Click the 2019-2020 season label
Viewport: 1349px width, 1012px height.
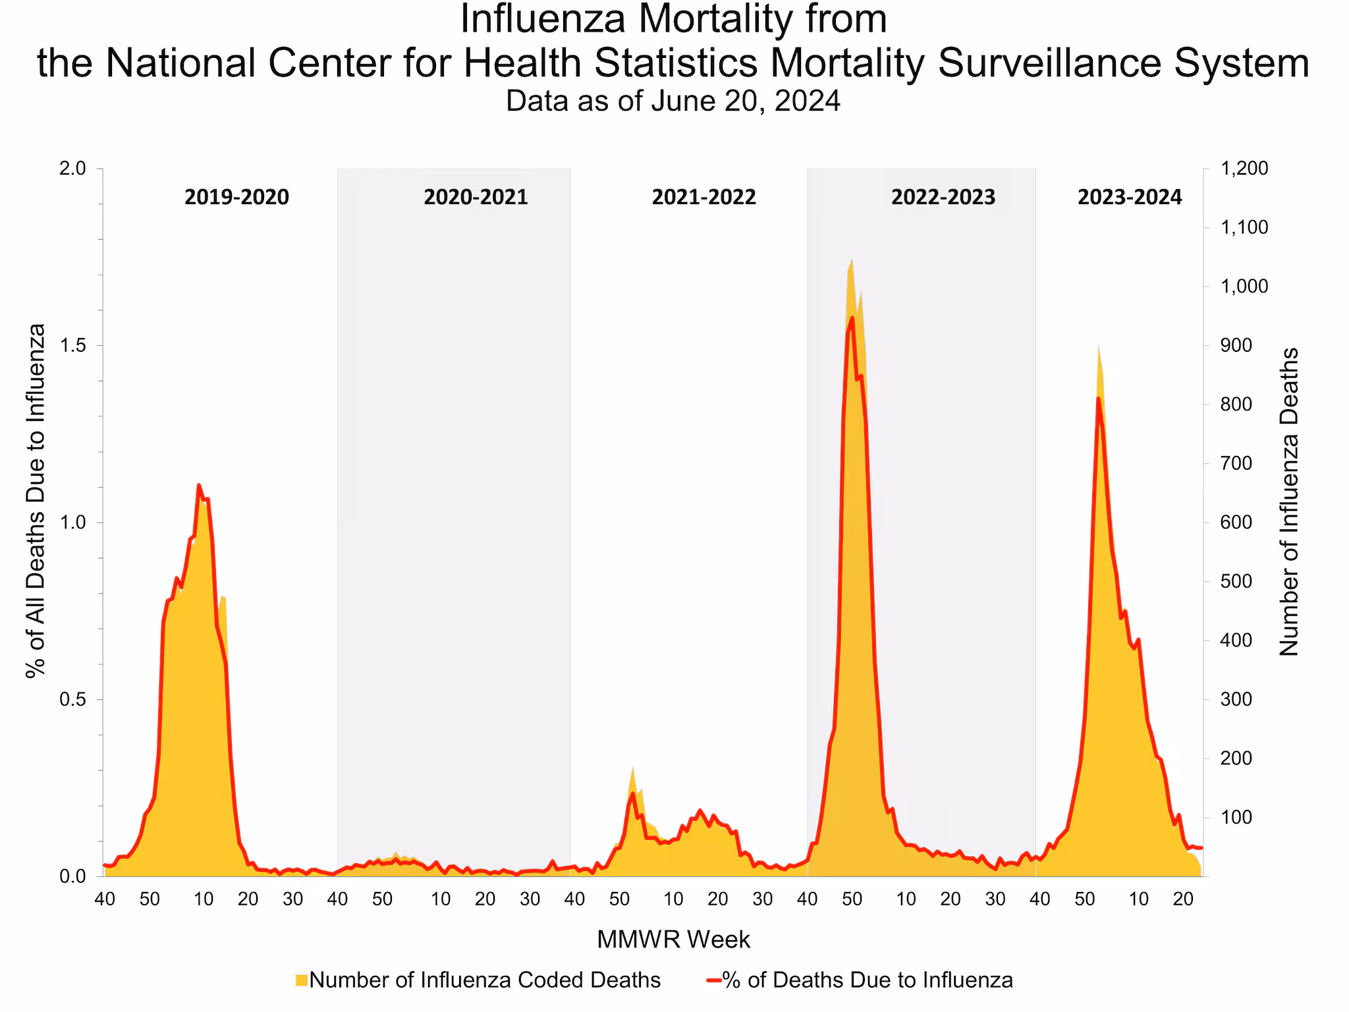click(236, 197)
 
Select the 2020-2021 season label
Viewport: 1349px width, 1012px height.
click(476, 197)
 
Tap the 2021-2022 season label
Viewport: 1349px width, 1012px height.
click(703, 197)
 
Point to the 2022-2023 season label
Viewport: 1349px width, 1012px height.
click(943, 197)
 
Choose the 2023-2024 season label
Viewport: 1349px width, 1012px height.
click(1130, 197)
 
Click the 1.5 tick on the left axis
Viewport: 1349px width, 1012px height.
click(72, 346)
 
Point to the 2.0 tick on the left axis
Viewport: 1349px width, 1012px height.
click(72, 169)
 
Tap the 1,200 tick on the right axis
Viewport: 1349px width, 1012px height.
click(1244, 169)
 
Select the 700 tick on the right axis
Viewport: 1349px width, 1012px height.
click(1236, 464)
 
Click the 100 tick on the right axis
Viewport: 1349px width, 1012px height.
click(1236, 818)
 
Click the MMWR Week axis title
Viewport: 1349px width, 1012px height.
click(673, 940)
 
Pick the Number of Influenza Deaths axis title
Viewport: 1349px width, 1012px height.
click(1289, 502)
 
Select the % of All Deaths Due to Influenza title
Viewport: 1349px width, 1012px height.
click(36, 501)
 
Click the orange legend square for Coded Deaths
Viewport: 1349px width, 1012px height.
click(302, 980)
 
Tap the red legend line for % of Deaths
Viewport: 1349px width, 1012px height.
click(713, 980)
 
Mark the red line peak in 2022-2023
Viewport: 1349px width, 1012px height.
click(852, 318)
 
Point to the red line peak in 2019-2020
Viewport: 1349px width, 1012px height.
click(199, 486)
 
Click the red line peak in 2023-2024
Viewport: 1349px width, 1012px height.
click(1098, 398)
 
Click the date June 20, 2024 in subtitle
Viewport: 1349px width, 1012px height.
click(746, 101)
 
